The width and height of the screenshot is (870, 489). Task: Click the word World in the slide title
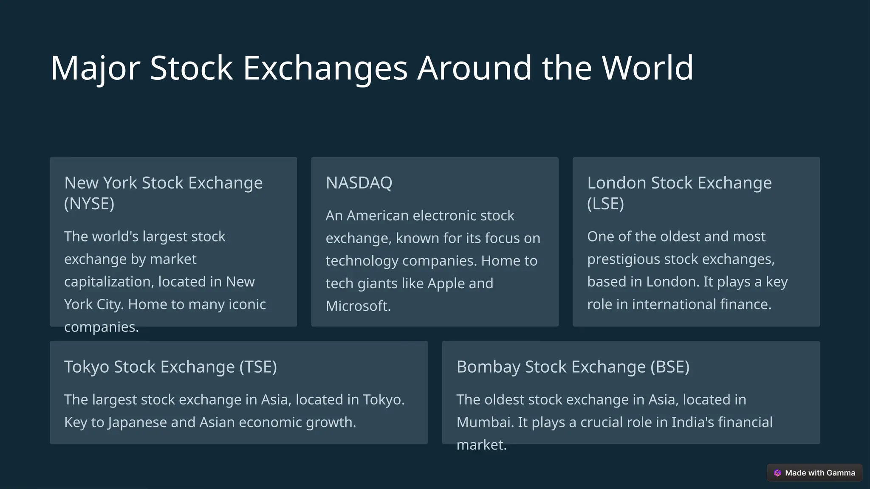pos(647,68)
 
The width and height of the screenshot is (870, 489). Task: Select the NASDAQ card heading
pos(359,183)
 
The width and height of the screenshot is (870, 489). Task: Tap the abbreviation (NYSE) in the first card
pos(89,204)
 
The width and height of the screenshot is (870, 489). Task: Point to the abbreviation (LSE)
pos(605,204)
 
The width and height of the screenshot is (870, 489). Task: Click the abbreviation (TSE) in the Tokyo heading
pos(258,367)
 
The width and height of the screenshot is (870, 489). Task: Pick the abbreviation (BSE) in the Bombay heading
pos(670,367)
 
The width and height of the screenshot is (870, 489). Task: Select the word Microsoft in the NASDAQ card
pos(358,306)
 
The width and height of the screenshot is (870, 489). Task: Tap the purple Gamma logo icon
pos(777,473)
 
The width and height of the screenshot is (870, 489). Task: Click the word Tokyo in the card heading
pos(87,367)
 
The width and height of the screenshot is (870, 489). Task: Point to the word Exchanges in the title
pos(325,68)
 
